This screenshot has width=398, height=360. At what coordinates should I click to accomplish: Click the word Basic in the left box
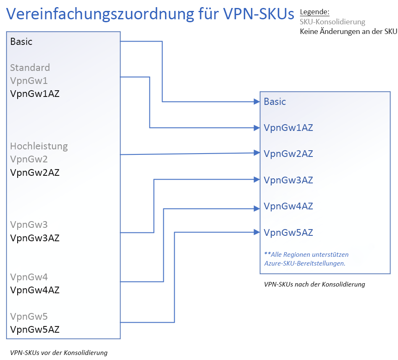[21, 42]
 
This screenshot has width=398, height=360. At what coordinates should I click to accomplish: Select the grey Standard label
[30, 68]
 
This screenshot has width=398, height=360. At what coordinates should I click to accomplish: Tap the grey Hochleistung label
[39, 146]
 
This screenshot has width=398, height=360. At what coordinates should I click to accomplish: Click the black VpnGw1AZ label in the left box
[35, 94]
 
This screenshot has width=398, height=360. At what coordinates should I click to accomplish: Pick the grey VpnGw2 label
[29, 159]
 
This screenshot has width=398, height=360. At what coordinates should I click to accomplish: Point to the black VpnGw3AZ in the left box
[35, 238]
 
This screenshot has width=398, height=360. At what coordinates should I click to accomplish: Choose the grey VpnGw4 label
[29, 277]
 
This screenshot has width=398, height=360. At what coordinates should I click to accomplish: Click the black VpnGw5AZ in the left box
[35, 329]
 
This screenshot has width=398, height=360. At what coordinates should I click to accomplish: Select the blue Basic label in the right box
[275, 102]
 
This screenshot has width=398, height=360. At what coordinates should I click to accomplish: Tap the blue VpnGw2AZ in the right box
[288, 154]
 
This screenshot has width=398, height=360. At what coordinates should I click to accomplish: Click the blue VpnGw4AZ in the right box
[288, 206]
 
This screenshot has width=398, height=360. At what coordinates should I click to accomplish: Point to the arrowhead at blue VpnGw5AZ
[257, 232]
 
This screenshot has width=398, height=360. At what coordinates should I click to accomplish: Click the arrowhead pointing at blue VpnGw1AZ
[257, 128]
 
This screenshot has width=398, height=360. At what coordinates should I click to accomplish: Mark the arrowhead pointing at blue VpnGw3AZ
[257, 180]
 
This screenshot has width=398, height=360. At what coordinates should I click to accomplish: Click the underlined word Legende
[314, 12]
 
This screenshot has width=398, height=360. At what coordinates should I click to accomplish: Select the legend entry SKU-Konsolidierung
[332, 22]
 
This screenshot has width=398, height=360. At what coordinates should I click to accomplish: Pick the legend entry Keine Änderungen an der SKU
[348, 31]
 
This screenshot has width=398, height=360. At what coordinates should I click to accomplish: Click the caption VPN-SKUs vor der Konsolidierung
[59, 352]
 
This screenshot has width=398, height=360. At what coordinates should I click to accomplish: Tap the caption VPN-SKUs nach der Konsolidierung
[314, 284]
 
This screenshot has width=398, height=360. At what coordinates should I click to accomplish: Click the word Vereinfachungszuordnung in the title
[100, 14]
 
